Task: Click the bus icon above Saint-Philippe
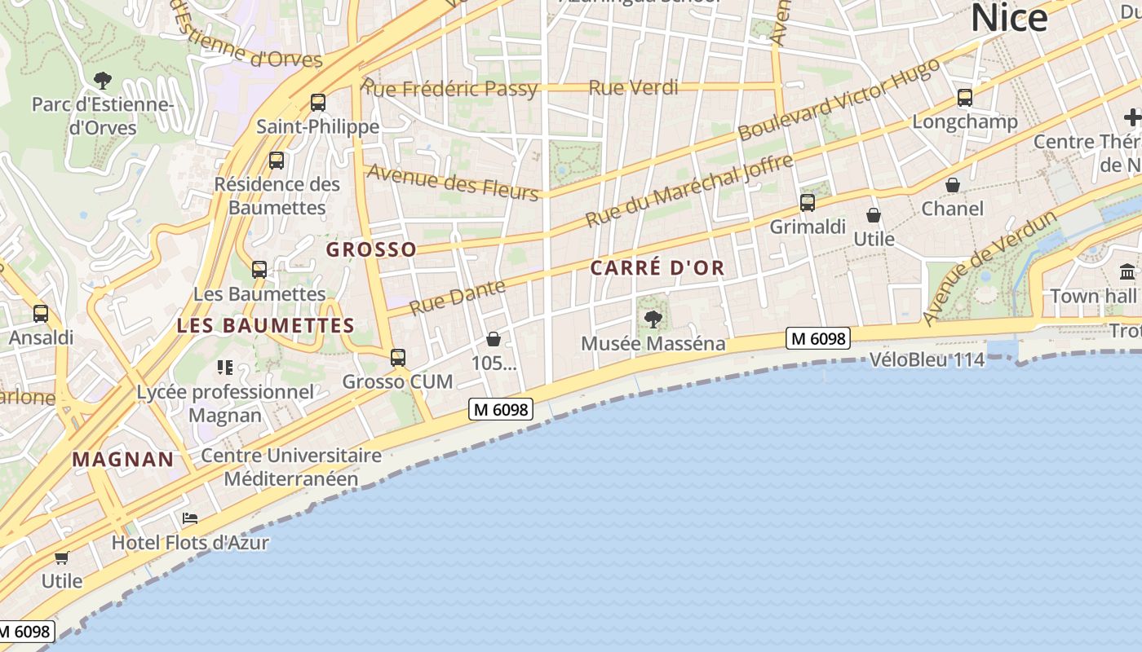pyautogui.click(x=318, y=103)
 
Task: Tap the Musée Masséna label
pyautogui.click(x=653, y=344)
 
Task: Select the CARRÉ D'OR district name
pyautogui.click(x=657, y=268)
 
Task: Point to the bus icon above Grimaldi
pyautogui.click(x=808, y=203)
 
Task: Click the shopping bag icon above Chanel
pyautogui.click(x=952, y=186)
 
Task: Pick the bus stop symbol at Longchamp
pyautogui.click(x=965, y=99)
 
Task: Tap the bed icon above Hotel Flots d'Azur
pyautogui.click(x=190, y=518)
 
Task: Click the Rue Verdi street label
pyautogui.click(x=633, y=88)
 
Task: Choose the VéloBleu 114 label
pyautogui.click(x=927, y=359)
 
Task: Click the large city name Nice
pyautogui.click(x=1009, y=18)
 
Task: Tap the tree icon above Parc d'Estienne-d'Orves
pyautogui.click(x=103, y=80)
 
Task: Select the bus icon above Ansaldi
pyautogui.click(x=41, y=314)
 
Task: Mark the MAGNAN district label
pyautogui.click(x=123, y=460)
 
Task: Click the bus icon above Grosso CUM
pyautogui.click(x=398, y=358)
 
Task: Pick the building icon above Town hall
pyautogui.click(x=1128, y=272)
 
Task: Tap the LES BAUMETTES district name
pyautogui.click(x=266, y=326)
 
